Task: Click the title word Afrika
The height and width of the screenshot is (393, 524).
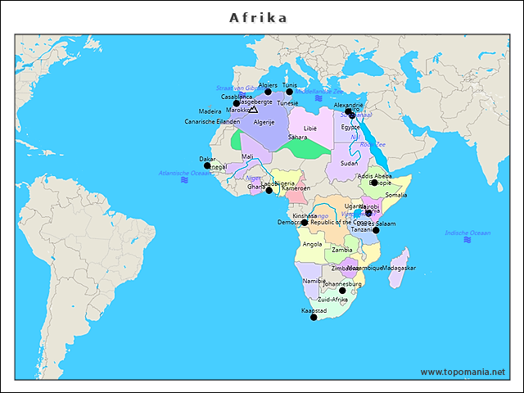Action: (x=258, y=17)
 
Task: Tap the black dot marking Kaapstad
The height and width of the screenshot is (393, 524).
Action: (x=314, y=317)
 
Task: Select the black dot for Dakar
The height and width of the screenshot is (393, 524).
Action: (x=207, y=165)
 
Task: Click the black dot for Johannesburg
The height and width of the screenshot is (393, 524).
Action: (x=342, y=291)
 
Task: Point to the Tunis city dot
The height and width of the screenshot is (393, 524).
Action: (x=289, y=92)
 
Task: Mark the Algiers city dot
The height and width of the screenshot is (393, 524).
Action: (x=268, y=92)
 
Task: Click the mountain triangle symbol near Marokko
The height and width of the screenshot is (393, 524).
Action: (x=253, y=109)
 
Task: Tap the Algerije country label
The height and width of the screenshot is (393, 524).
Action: (x=264, y=122)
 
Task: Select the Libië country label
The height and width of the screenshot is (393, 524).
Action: (x=309, y=129)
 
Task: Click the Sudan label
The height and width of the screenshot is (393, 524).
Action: (x=349, y=163)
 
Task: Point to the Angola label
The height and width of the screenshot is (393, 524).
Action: (x=312, y=244)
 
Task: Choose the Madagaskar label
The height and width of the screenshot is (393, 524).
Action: (x=400, y=268)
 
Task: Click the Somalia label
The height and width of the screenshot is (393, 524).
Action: (x=395, y=195)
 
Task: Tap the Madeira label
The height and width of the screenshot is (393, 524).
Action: (x=210, y=111)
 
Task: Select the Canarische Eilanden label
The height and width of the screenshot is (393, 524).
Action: (x=212, y=121)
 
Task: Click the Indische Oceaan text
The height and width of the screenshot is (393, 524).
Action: (x=468, y=233)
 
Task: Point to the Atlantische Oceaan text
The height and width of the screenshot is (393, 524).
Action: (x=185, y=173)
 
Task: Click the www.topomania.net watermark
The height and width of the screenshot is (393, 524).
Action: (x=463, y=372)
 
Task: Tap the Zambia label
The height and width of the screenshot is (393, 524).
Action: (x=342, y=250)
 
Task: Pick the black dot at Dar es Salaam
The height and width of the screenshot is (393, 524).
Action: (x=376, y=230)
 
